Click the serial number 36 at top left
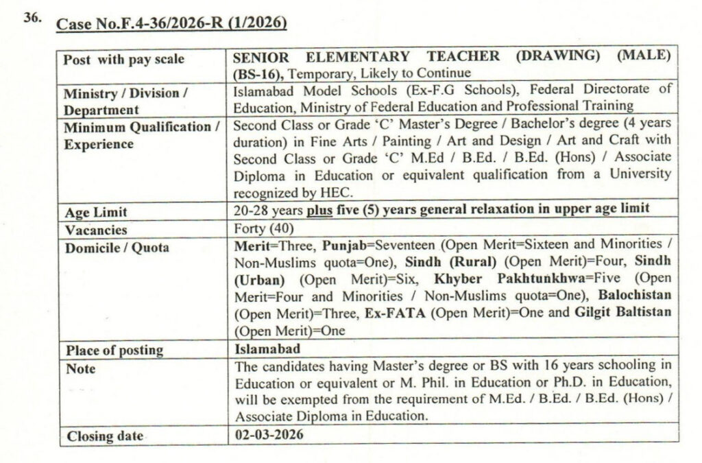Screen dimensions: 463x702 click(x=32, y=19)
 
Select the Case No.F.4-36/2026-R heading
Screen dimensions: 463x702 click(x=171, y=24)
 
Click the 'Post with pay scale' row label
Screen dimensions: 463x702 click(x=123, y=60)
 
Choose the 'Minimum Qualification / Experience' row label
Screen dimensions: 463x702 click(x=141, y=136)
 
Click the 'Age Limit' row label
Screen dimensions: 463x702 click(x=95, y=213)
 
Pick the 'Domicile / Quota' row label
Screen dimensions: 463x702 click(x=117, y=248)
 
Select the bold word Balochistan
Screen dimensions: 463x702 click(x=635, y=297)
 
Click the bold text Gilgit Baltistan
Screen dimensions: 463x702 click(x=621, y=313)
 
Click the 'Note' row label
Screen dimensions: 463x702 click(x=80, y=369)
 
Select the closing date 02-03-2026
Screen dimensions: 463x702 click(x=268, y=435)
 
